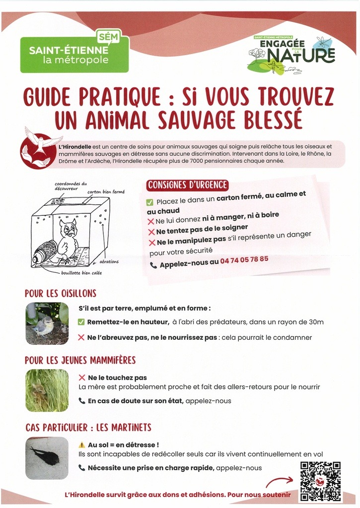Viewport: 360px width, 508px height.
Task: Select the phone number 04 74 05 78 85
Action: (244, 259)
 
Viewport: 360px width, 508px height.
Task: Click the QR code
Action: (320, 481)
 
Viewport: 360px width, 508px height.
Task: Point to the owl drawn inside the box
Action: (67, 241)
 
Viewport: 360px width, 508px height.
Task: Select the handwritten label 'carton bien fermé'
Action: (106, 191)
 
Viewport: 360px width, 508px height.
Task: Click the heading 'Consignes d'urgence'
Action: (187, 185)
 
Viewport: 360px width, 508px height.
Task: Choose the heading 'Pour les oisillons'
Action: (61, 293)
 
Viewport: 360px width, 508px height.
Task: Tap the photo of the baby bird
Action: (47, 323)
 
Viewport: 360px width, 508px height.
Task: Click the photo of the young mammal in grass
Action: (47, 390)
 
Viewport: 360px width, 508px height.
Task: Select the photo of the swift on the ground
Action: (47, 457)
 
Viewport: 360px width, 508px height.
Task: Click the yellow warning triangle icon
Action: (81, 444)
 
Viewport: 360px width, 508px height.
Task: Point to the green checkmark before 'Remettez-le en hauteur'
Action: (81, 322)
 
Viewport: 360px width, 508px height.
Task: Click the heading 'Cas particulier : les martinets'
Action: (88, 427)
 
